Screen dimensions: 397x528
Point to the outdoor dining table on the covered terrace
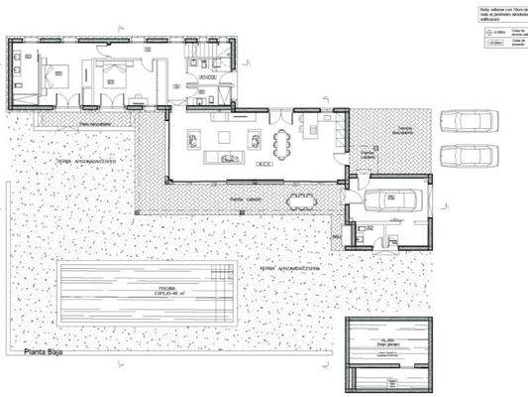[302, 202]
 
